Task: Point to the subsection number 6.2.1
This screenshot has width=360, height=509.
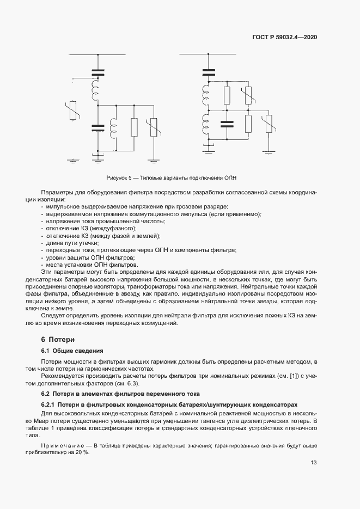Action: click(x=48, y=405)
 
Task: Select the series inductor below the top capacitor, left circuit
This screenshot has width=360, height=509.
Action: click(x=96, y=89)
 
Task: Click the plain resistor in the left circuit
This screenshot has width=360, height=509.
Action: click(x=134, y=127)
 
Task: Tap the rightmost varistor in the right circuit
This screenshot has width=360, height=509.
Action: click(x=269, y=125)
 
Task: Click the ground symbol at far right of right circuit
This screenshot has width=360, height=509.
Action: click(x=269, y=148)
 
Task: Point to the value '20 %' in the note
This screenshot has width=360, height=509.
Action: click(x=82, y=452)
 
